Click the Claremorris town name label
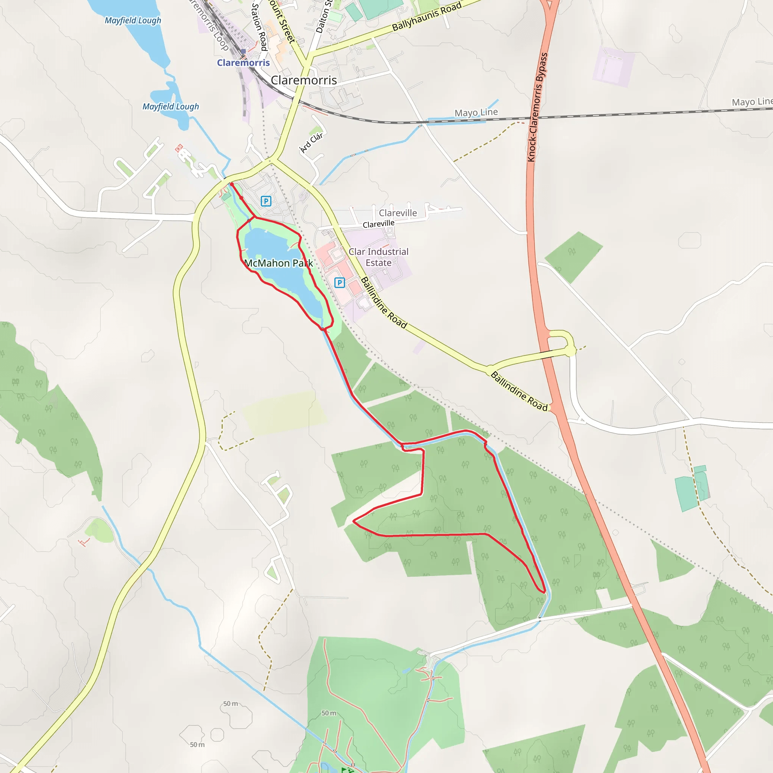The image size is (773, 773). (x=304, y=80)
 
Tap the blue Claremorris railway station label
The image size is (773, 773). (x=243, y=63)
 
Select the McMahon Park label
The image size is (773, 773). (x=279, y=263)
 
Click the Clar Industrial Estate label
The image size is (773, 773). (x=379, y=257)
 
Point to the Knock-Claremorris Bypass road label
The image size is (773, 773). (x=537, y=107)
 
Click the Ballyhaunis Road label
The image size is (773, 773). (x=427, y=16)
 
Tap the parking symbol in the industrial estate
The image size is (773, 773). (x=339, y=283)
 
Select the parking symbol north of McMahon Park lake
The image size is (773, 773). (x=266, y=201)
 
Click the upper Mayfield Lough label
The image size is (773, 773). (x=133, y=20)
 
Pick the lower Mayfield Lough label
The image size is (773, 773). (x=171, y=106)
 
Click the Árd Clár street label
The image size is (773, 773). (x=311, y=143)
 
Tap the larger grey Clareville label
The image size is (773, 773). (x=398, y=213)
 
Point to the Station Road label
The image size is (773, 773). (x=259, y=26)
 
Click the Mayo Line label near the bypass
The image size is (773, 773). (x=476, y=112)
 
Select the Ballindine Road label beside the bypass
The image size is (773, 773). (x=519, y=391)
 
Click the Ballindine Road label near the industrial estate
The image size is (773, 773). (x=383, y=303)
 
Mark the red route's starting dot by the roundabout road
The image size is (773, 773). (x=232, y=184)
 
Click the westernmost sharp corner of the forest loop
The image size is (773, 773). (x=353, y=521)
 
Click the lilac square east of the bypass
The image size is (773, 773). (x=613, y=67)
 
